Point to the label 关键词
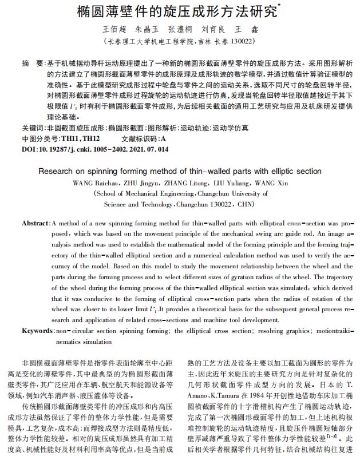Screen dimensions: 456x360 pyautogui.click(x=33, y=128)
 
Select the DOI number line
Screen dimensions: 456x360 pyautogui.click(x=95, y=149)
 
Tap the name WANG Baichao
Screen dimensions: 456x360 pyautogui.click(x=94, y=183)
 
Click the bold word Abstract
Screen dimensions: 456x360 pyautogui.click(x=35, y=223)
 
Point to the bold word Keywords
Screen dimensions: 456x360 pyautogui.click(x=37, y=331)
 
